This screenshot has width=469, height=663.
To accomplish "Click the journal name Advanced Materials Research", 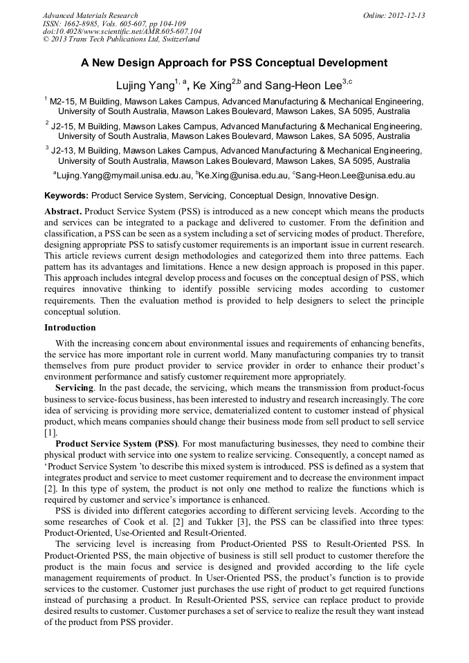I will (90, 15).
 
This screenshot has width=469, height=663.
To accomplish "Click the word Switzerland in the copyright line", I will (175, 40).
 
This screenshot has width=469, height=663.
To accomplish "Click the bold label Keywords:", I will (66, 196).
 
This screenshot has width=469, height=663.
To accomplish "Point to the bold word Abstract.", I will (64, 210).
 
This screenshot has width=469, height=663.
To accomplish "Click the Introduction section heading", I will (70, 327).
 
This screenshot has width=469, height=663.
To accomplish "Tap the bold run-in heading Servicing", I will (74, 388).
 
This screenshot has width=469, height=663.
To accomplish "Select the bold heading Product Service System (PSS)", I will (116, 443).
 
